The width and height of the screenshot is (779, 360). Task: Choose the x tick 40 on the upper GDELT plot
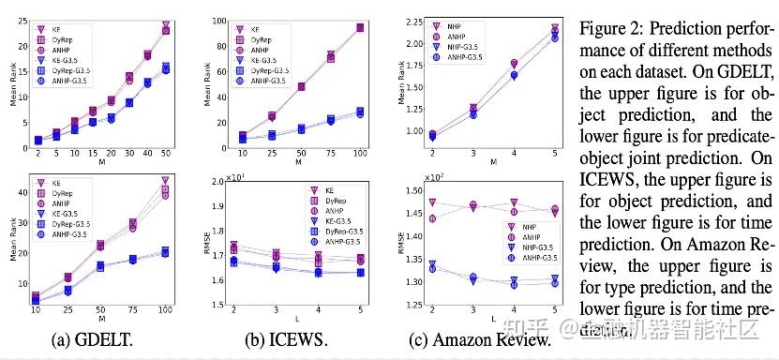[144, 154]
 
